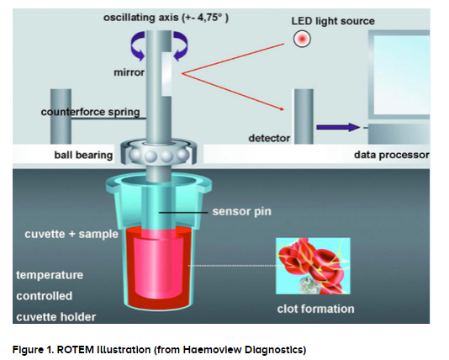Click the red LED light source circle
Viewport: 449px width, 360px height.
point(302,39)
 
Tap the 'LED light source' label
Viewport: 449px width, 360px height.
point(333,21)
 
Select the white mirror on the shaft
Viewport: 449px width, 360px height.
point(166,74)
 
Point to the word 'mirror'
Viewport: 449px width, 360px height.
point(129,72)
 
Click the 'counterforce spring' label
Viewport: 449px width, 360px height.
point(91,112)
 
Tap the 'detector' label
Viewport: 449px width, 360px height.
point(269,138)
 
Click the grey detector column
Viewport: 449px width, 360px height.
point(304,116)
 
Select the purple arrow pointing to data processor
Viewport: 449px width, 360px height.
point(338,127)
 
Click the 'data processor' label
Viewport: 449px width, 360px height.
point(392,155)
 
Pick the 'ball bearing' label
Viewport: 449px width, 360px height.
point(83,155)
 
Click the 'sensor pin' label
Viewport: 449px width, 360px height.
point(241,211)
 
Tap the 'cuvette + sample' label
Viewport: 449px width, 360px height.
point(71,234)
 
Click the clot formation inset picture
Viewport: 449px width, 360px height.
point(313,266)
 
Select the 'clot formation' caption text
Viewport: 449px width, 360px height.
point(315,309)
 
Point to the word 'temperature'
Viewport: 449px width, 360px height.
point(50,275)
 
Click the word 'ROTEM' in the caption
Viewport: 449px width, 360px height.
point(76,350)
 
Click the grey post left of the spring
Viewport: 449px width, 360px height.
point(61,116)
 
